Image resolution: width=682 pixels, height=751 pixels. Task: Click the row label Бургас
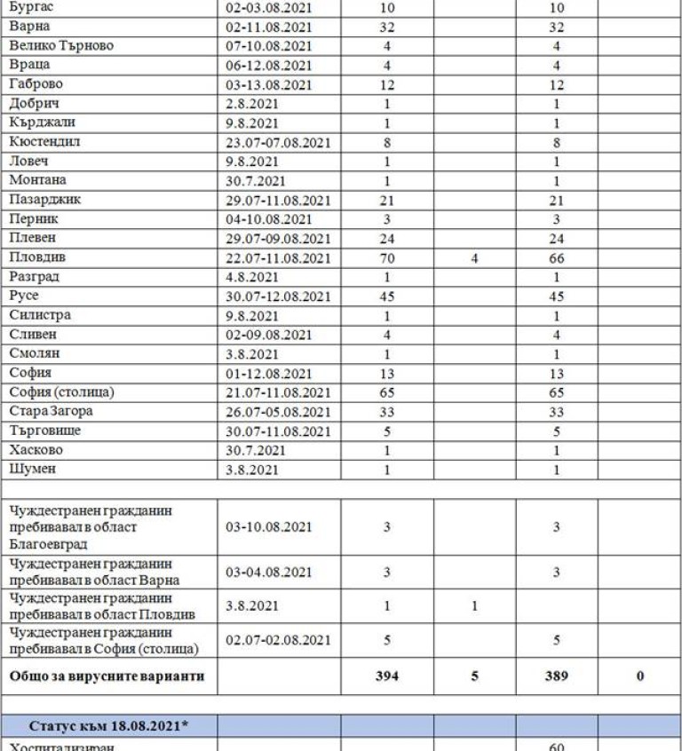click(x=30, y=7)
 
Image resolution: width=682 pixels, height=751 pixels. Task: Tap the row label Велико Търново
click(x=61, y=45)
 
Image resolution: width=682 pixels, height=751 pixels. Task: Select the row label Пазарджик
click(x=45, y=200)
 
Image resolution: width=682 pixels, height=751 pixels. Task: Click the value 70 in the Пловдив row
click(x=386, y=258)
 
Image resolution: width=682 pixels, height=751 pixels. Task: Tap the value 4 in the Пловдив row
click(x=475, y=258)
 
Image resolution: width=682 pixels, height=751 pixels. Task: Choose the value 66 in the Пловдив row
click(x=556, y=258)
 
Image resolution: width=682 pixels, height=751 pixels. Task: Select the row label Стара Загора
click(x=52, y=411)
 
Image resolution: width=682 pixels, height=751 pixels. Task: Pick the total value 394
click(x=386, y=676)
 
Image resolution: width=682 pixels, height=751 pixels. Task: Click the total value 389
click(x=556, y=676)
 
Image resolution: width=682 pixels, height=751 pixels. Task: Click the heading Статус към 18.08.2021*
click(x=110, y=725)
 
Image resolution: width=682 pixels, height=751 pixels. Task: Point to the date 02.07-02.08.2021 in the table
click(x=278, y=640)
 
